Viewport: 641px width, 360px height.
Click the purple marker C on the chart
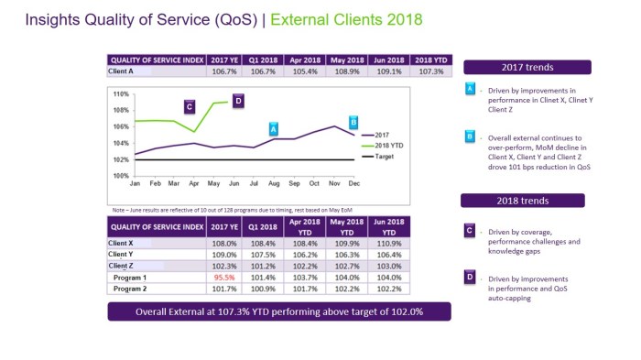(189, 106)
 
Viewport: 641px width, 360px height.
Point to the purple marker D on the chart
(237, 101)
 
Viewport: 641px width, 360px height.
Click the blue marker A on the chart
(272, 129)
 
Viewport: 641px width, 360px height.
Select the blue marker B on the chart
(353, 121)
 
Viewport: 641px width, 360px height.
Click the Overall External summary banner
(278, 312)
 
